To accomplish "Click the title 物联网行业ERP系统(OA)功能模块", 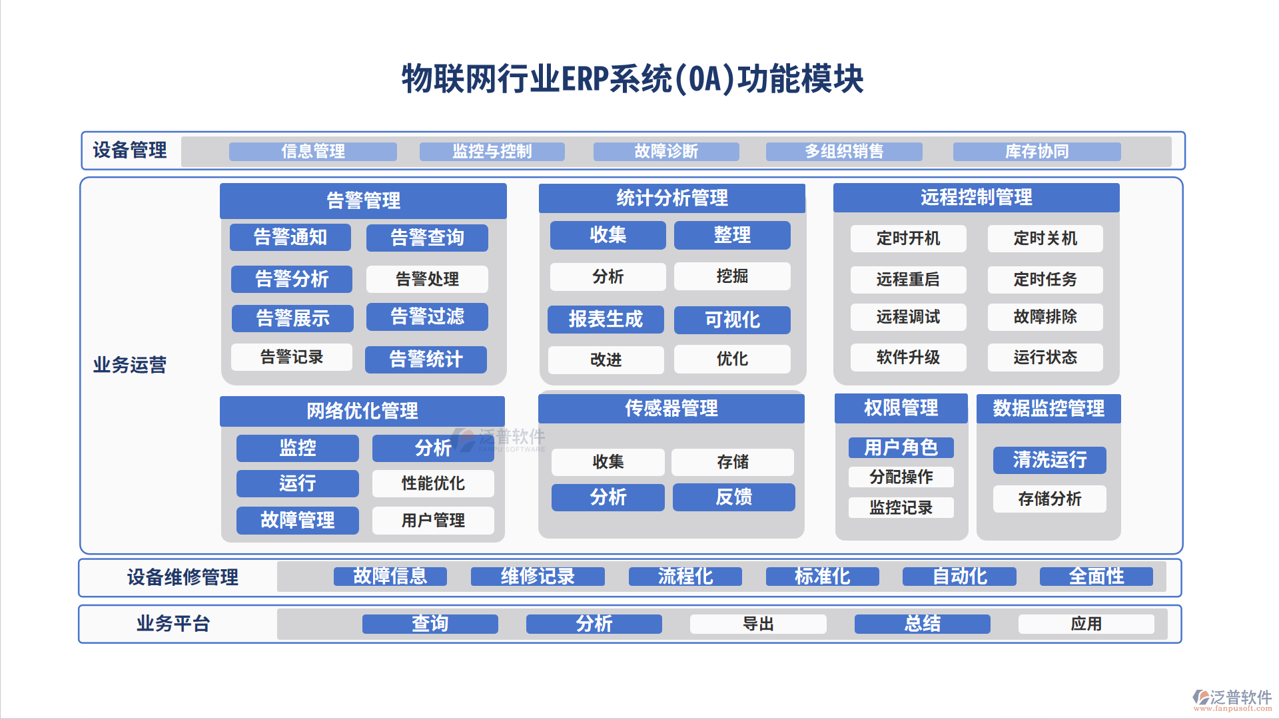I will point(632,79).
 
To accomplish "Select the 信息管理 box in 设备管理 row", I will point(313,152).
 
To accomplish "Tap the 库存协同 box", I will point(1037,152).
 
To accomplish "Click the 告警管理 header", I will point(363,200).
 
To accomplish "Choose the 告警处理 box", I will point(427,279).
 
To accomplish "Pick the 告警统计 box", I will point(426,359).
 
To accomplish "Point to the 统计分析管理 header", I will point(671,198).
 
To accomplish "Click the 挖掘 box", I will point(732,276).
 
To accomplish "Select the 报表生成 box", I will point(606,320).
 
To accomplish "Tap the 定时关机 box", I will point(1045,238).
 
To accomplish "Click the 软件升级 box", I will point(908,358).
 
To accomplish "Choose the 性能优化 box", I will point(433,483).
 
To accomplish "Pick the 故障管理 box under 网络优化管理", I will point(297,520).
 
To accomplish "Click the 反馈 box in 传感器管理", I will point(733,497).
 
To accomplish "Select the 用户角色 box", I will point(901,447).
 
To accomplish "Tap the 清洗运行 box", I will point(1049,460).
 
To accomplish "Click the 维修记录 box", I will point(538,577).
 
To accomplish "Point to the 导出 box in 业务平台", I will point(758,624).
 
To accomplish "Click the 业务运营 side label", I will point(130,365).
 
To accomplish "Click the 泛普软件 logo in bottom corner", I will point(1232,699).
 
